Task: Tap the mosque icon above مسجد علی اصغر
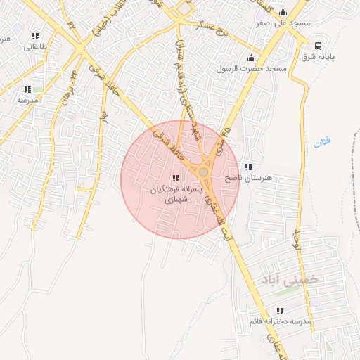pyautogui.click(x=283, y=12)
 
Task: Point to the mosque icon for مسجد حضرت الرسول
pyautogui.click(x=252, y=58)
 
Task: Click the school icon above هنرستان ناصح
pyautogui.click(x=247, y=167)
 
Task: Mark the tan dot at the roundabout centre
pyautogui.click(x=203, y=172)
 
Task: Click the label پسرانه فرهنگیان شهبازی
pyautogui.click(x=176, y=195)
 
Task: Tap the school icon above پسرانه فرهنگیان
pyautogui.click(x=176, y=178)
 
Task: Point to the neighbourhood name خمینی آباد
pyautogui.click(x=290, y=279)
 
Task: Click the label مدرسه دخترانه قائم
pyautogui.click(x=280, y=321)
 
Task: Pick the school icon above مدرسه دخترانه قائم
pyautogui.click(x=280, y=311)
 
